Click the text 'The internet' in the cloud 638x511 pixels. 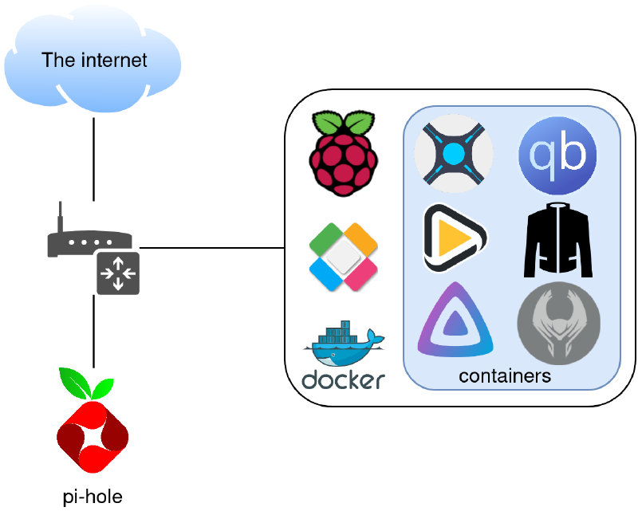tap(94, 60)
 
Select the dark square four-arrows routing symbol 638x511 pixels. tap(118, 273)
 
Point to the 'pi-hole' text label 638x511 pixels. tap(93, 497)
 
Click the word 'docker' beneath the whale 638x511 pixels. tap(343, 379)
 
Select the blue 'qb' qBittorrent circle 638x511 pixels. tap(557, 154)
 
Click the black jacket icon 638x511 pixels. tap(557, 238)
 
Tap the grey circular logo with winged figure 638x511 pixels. tap(557, 323)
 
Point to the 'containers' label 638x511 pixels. tap(505, 376)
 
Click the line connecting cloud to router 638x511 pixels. tap(94, 159)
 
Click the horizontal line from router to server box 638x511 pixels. tap(212, 248)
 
